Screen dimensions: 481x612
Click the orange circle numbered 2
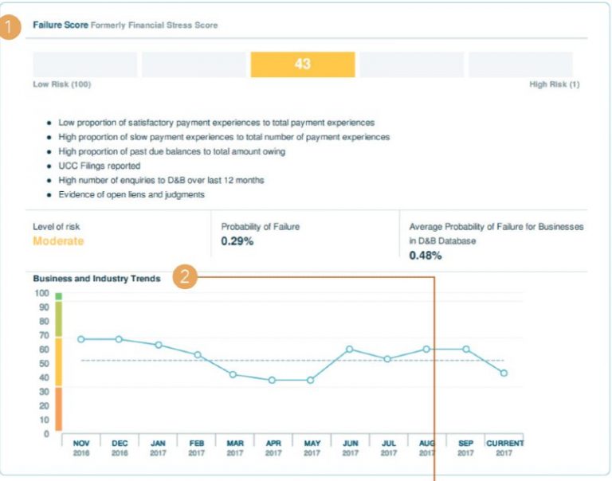point(185,278)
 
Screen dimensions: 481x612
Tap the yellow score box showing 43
point(302,65)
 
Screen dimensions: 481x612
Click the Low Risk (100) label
point(61,84)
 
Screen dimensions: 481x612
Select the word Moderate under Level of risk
point(58,241)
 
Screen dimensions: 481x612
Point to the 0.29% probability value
point(237,241)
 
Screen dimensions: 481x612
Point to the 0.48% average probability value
point(425,256)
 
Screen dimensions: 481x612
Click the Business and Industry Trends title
point(96,279)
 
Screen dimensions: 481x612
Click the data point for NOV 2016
point(80,339)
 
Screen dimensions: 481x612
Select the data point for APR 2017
point(273,380)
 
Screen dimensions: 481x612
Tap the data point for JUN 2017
point(350,350)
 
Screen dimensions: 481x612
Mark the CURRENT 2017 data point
point(504,373)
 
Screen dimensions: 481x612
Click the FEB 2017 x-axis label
point(196,447)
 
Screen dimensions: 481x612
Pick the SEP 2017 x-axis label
point(466,447)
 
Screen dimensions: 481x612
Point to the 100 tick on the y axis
point(41,293)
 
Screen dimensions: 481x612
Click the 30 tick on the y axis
point(44,392)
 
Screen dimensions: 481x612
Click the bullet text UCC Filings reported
point(100,166)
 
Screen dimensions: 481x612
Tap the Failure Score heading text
point(60,25)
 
